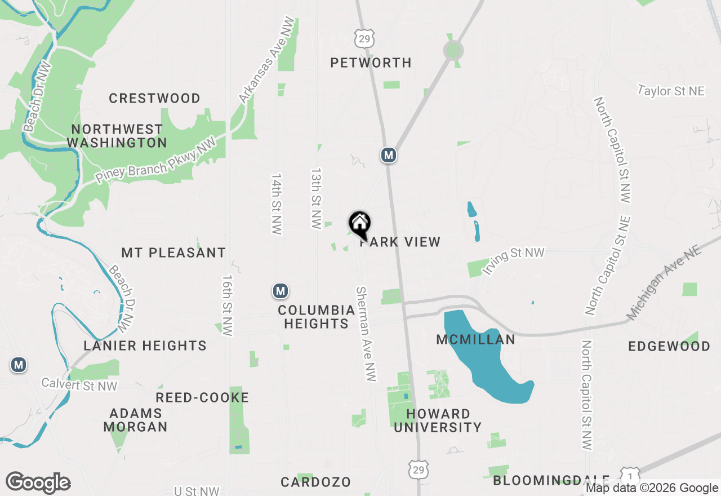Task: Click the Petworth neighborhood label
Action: [371, 63]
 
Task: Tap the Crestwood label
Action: [154, 99]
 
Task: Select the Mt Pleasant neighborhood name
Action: [173, 253]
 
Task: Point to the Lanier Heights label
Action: [145, 346]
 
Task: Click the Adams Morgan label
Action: [135, 420]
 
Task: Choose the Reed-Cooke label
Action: [202, 398]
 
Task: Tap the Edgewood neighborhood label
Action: [669, 346]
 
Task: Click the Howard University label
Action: [438, 420]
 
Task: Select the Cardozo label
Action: [315, 482]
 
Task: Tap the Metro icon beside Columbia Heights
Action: [281, 291]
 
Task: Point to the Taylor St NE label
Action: [671, 90]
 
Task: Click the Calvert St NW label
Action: [79, 384]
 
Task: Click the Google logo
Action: [38, 482]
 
